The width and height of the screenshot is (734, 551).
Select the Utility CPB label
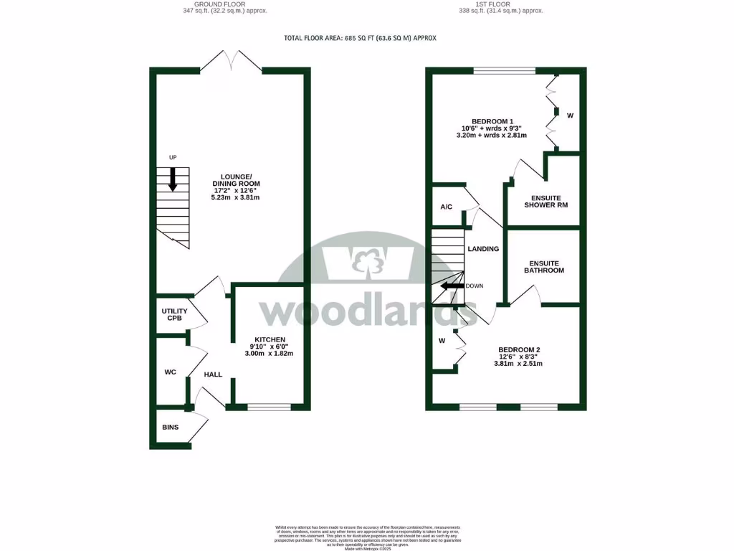click(x=173, y=314)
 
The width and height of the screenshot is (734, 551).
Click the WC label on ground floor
click(x=170, y=372)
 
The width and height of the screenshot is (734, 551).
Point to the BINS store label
click(x=170, y=428)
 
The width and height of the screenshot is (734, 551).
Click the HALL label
click(x=213, y=375)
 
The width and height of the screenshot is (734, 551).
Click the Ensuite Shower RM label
click(x=545, y=202)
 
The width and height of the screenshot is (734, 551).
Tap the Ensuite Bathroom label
click(x=543, y=266)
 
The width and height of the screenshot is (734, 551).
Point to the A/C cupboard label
click(x=446, y=207)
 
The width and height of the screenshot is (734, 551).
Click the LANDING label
click(x=482, y=249)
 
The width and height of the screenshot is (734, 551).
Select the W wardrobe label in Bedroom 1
click(x=571, y=115)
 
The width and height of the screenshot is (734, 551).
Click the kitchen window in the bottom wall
click(x=269, y=407)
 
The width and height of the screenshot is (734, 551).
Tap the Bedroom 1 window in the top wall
click(x=504, y=70)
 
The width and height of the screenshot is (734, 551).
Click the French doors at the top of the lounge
click(x=231, y=65)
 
